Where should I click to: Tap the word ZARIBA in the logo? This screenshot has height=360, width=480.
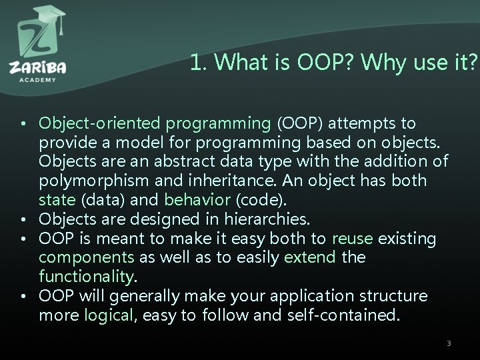coord(38,68)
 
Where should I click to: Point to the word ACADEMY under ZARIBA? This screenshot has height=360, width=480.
coord(38,79)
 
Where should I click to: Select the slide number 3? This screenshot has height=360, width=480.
coord(449,343)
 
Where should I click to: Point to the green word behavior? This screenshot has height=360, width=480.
coord(194,200)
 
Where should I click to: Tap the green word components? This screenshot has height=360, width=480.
coord(86,257)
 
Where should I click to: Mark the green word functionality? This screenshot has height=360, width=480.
coord(86,276)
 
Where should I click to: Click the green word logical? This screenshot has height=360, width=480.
coord(109,315)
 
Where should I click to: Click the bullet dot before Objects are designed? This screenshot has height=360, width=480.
coord(23,219)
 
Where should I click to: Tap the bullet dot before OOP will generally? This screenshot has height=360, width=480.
coord(23,296)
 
